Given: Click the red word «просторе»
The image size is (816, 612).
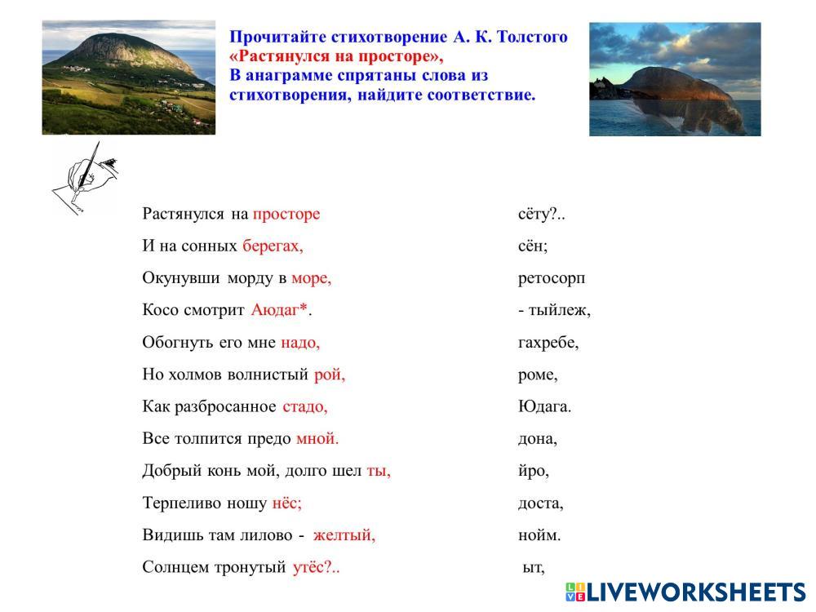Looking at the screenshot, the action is pos(286,215).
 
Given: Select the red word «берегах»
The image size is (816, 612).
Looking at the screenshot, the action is pos(271,246).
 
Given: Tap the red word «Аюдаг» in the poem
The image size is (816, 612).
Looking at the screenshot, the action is pos(275,309).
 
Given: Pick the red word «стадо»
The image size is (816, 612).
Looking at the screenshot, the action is pos(304,406).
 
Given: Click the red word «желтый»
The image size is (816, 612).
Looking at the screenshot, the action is pos(342,535).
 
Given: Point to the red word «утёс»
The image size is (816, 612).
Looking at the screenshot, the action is pos(308,567).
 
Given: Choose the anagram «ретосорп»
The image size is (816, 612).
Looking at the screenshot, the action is pos(552,279).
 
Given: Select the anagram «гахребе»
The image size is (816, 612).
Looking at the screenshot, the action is pos(547,343).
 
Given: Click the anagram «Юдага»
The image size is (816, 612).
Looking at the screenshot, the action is pos(542,406).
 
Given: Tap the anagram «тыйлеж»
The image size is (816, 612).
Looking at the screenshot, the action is pos(557,311).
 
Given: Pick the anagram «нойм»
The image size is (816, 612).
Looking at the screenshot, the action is pos(537,535).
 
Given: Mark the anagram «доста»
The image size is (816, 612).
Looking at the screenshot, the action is pos(539,503).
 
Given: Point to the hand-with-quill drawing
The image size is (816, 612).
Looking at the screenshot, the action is pos(86,178).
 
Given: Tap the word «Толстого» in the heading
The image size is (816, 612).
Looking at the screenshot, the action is pos(532,37).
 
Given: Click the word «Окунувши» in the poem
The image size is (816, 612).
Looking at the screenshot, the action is pos(181,278).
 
